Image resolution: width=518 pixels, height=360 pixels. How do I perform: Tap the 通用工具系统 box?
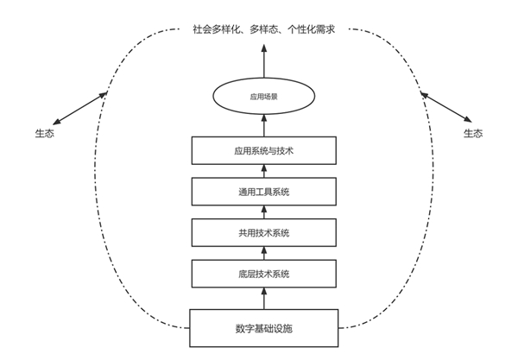pyautogui.click(x=264, y=191)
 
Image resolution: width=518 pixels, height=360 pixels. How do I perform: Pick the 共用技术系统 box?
pyautogui.click(x=264, y=232)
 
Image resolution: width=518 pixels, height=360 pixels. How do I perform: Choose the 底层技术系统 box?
pyautogui.click(x=264, y=274)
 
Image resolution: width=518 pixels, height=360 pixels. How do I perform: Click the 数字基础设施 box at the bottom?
pyautogui.click(x=264, y=328)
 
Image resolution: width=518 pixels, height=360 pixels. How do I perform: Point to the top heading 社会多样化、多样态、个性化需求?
pyautogui.click(x=262, y=29)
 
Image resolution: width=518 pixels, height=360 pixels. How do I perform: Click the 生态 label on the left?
pyautogui.click(x=44, y=134)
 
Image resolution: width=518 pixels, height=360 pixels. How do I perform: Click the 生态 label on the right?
pyautogui.click(x=473, y=134)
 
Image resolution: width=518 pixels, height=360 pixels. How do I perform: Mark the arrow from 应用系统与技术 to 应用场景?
pyautogui.click(x=264, y=127)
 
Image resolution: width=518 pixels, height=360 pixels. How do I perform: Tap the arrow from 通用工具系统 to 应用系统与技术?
pyautogui.click(x=264, y=171)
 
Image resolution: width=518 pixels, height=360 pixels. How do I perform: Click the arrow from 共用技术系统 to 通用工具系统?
pyautogui.click(x=264, y=212)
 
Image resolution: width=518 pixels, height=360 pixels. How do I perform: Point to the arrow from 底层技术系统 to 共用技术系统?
pyautogui.click(x=264, y=253)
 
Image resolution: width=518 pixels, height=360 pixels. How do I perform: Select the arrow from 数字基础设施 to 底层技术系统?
pyautogui.click(x=264, y=299)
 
